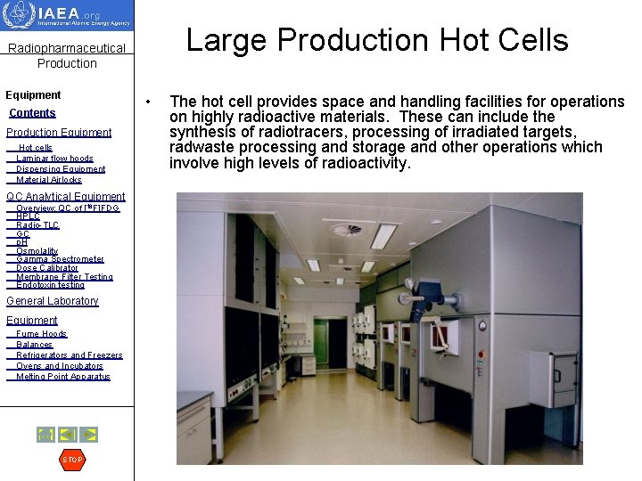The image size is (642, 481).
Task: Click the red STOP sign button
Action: coord(72,460)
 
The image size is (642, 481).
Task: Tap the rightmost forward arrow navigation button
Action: coord(89,435)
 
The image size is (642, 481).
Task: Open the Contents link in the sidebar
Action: coord(32,113)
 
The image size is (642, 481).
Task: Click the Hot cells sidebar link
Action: coord(36,148)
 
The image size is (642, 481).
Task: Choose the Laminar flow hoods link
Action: coord(54,159)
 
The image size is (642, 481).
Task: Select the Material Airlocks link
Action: coord(49,180)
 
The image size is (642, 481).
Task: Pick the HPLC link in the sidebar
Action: coord(28,216)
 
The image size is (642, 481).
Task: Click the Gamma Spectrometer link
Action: coord(60,259)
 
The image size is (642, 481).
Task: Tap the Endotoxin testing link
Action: coord(50,285)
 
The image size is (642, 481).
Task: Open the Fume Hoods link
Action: coord(41,334)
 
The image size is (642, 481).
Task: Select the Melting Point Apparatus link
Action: coord(62,377)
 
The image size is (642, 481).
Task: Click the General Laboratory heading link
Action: coord(52,301)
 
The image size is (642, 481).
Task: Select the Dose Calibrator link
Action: coord(46,268)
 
